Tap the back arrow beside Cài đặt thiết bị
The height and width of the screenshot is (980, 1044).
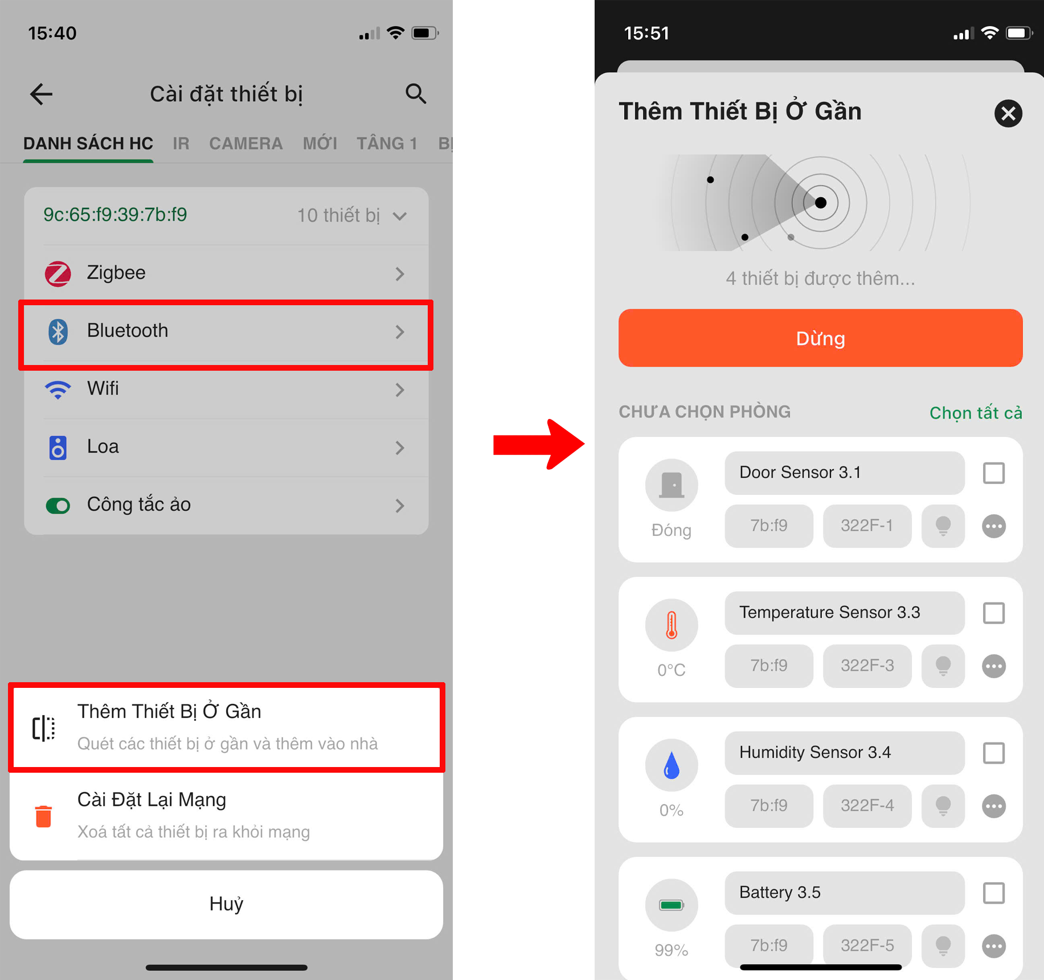41,94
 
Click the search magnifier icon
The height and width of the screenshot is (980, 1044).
416,94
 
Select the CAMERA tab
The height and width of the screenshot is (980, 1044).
245,143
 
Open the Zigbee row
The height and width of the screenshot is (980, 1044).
226,273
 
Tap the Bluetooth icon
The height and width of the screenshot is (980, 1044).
58,331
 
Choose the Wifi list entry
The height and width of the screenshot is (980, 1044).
226,389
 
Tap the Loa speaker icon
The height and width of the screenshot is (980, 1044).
58,448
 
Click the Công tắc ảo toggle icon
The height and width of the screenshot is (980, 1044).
58,506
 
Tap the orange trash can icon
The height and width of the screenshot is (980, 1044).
43,816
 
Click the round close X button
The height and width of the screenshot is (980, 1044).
1008,113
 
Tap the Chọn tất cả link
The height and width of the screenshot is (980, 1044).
976,413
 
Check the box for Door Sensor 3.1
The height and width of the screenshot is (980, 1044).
993,473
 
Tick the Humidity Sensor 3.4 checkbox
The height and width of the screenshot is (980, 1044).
993,753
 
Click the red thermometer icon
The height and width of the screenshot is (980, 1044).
672,625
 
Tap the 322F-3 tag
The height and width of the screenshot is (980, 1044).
867,666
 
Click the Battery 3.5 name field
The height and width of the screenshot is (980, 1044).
845,892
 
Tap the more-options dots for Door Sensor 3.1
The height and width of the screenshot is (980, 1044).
993,526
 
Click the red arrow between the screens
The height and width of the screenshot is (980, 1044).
538,445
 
